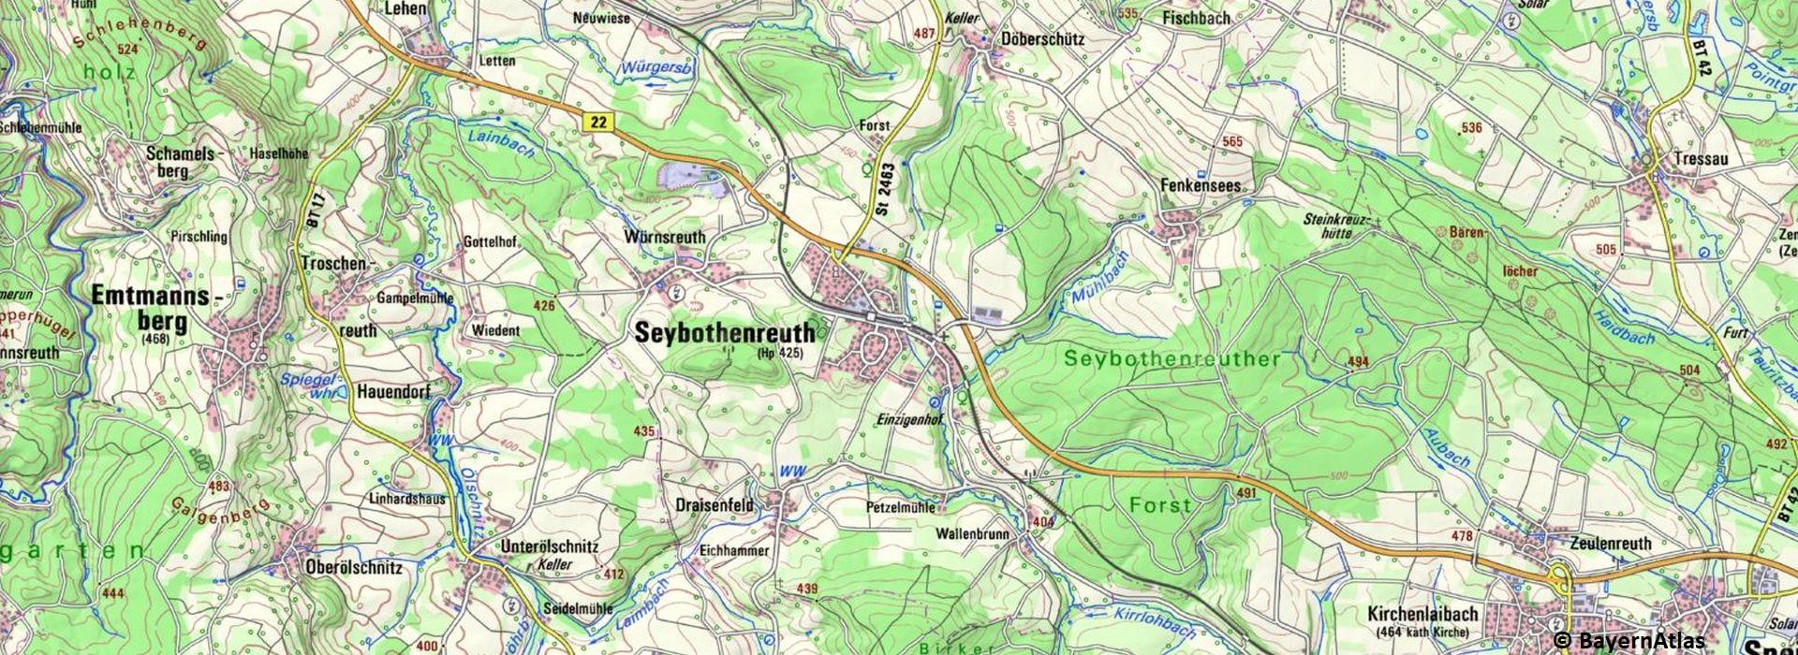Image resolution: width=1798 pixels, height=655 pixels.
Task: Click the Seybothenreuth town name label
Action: pos(725,332)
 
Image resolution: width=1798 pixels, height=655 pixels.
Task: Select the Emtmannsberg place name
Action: pos(155,309)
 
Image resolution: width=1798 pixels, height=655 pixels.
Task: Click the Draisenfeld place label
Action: pos(714,504)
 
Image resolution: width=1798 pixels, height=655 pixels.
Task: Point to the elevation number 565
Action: pos(1231,141)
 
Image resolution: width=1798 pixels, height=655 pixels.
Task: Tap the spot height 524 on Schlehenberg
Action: pos(127,48)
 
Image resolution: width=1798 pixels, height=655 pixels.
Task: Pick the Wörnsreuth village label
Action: pos(663,238)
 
